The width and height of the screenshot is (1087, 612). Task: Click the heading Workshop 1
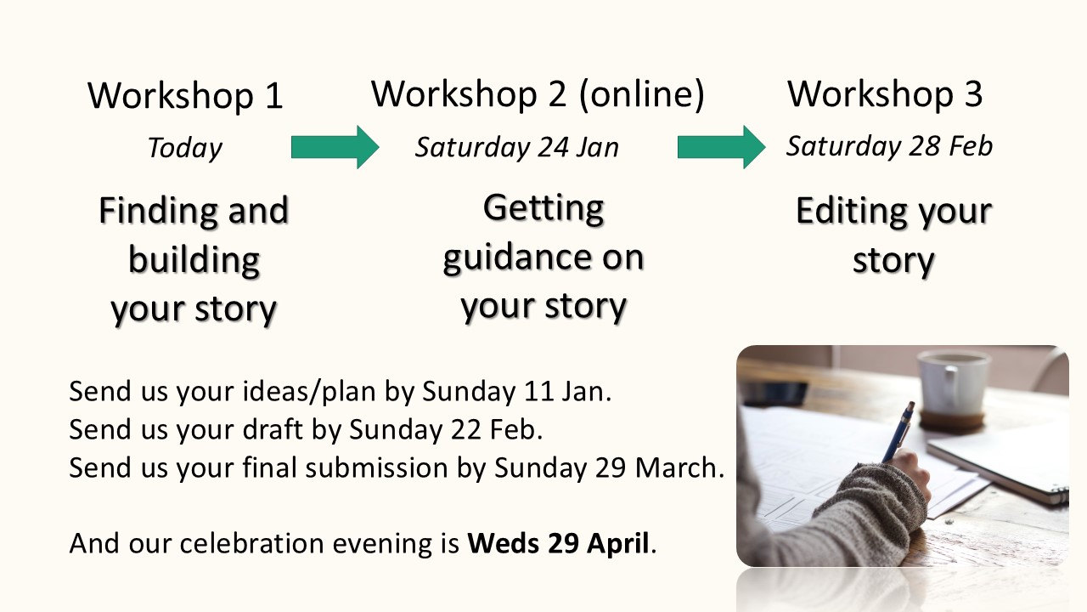pyautogui.click(x=185, y=96)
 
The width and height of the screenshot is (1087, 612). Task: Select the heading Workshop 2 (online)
pyautogui.click(x=538, y=93)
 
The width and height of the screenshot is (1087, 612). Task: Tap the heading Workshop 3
pyautogui.click(x=885, y=93)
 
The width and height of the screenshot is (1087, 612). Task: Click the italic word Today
pyautogui.click(x=184, y=149)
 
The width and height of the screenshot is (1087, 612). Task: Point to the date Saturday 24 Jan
pyautogui.click(x=516, y=147)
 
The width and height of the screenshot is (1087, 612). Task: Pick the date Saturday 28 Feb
pyautogui.click(x=889, y=146)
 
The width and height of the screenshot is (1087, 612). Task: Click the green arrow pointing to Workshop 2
pyautogui.click(x=335, y=147)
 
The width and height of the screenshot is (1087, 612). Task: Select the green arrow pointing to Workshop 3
pyautogui.click(x=721, y=147)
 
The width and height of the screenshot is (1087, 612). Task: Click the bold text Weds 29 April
pyautogui.click(x=559, y=544)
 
